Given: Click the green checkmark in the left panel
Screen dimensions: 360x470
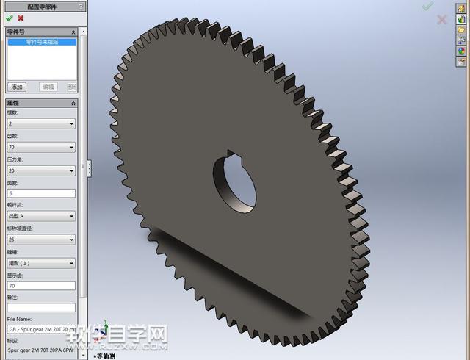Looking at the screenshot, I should click(10, 18).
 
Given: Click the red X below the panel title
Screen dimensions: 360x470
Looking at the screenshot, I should click(21, 18).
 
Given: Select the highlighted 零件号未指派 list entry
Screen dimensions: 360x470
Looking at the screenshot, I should click(41, 43).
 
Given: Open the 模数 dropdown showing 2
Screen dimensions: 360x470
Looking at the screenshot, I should click(41, 124).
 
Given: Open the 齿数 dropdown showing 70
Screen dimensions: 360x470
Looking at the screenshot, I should click(41, 147).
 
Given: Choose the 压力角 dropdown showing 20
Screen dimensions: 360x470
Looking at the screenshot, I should click(41, 170).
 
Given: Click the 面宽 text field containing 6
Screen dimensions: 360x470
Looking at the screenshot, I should click(41, 193).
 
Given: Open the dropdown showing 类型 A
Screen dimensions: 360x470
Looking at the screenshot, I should click(41, 216).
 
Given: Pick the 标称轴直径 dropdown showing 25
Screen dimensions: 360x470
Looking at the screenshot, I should click(41, 240).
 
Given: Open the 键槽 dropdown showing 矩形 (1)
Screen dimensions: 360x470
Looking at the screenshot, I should click(41, 262).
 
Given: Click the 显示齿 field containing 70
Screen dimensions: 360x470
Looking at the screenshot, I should click(41, 285).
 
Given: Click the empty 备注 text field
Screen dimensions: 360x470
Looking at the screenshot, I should click(41, 307).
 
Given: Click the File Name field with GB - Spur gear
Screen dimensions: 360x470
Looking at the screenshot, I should click(41, 330).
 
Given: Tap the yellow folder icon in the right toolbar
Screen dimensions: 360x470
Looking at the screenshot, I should click(462, 29).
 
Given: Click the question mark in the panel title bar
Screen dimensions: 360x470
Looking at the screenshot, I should click(81, 6).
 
